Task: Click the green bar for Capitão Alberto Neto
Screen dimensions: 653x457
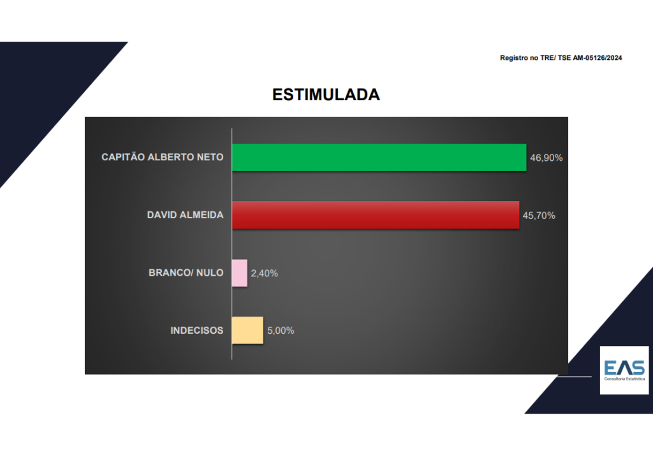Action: click(379, 157)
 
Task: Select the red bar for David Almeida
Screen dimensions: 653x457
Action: click(376, 214)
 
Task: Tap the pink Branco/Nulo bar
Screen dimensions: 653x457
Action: click(240, 273)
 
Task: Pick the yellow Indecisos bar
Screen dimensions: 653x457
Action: click(247, 330)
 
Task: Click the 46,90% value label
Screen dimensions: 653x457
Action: click(547, 158)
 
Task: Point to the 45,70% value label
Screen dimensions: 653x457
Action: click(539, 216)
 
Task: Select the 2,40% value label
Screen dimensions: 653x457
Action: click(265, 273)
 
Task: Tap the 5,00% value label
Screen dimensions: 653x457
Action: click(281, 331)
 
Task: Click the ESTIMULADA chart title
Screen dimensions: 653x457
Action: click(326, 94)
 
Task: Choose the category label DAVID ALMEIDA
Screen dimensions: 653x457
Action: click(186, 214)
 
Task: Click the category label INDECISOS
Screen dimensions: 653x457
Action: click(197, 330)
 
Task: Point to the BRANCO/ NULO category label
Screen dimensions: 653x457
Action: click(186, 273)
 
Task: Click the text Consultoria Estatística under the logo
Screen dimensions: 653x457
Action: click(624, 378)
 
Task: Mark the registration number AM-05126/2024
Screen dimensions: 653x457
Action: click(597, 58)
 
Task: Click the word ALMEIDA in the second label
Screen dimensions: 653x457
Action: click(204, 214)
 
